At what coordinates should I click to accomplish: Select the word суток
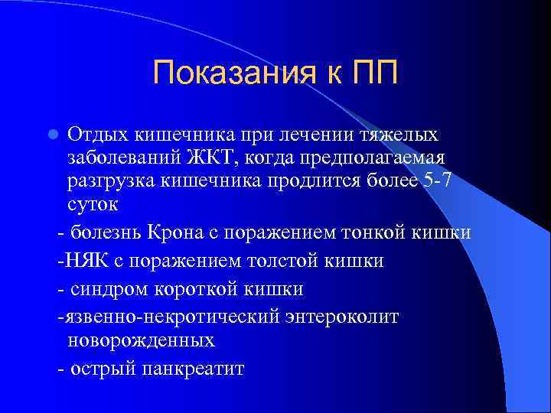coord(90,206)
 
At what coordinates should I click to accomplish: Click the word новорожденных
coord(141,339)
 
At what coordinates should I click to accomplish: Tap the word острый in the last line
coord(103,369)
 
